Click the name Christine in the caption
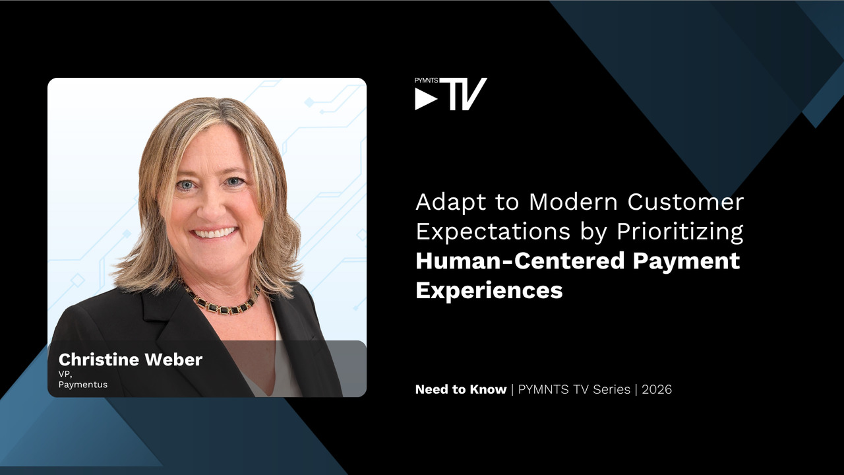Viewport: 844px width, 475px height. pos(99,360)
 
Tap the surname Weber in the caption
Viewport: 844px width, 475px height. pos(173,360)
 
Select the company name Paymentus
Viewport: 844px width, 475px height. pos(83,385)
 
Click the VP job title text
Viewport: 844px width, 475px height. pos(65,374)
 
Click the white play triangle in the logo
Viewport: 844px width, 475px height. pos(425,99)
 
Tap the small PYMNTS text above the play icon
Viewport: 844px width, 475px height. pos(426,80)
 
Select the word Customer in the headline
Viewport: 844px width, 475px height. pos(685,202)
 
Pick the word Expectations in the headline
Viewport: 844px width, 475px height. pos(493,231)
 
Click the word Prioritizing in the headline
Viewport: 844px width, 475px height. pos(680,231)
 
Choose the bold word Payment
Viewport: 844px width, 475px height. pos(686,261)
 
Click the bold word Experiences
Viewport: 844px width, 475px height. pos(489,291)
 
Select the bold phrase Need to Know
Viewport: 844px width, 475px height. pos(461,389)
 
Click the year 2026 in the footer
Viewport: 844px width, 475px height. pos(657,389)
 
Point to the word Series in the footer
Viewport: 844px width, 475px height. pos(611,389)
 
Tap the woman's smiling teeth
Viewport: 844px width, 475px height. pos(214,233)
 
